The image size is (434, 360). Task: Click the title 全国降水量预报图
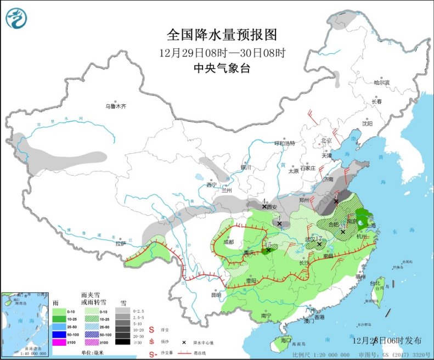222,35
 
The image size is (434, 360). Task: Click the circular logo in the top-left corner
16,19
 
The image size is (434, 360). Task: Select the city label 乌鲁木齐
116,106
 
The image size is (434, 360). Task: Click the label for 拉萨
121,243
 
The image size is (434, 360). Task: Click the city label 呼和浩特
285,143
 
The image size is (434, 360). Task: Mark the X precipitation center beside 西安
264,206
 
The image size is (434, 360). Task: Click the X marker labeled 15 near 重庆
268,250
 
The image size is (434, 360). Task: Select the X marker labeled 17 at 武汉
319,244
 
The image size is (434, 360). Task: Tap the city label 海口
285,340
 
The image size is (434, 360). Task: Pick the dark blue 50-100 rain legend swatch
58,333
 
